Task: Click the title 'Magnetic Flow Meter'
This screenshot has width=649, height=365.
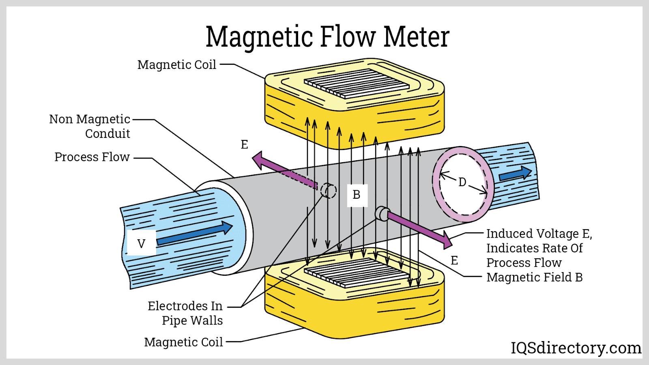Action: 327,37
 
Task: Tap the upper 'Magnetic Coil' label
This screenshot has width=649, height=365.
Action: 176,65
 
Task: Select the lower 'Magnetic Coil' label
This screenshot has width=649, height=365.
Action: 183,342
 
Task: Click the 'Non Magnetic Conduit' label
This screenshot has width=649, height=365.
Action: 90,126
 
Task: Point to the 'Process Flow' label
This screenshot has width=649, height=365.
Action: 92,157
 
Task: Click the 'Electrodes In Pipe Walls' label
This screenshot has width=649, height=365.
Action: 185,313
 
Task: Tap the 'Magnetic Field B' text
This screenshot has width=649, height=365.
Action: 534,277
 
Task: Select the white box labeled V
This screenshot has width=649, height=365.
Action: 141,243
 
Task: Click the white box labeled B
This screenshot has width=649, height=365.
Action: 357,195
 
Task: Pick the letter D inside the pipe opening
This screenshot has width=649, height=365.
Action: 462,182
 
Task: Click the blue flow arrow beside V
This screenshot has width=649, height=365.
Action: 195,233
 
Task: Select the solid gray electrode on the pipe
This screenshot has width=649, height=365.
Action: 382,213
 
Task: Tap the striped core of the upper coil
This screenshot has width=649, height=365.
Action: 357,83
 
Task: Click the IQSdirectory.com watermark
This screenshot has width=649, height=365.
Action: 576,348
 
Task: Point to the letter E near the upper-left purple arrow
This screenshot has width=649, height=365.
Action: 244,145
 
